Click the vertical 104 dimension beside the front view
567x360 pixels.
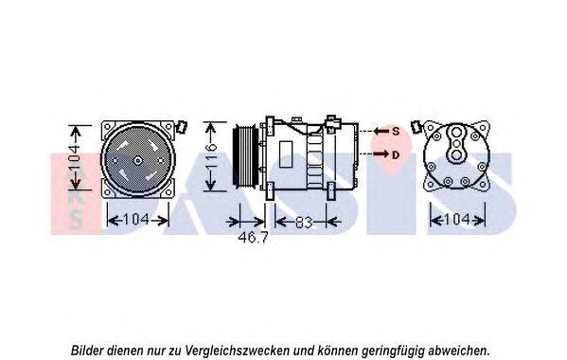[x=75, y=158]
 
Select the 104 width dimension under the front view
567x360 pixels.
[x=136, y=220]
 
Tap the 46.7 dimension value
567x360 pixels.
[x=253, y=238]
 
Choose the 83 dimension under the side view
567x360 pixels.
[x=304, y=222]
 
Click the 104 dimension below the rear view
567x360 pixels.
[x=456, y=219]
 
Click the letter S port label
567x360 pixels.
[x=396, y=132]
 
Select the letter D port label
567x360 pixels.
[x=396, y=154]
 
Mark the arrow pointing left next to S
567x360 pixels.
[x=381, y=131]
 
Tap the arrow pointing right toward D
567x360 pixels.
[x=381, y=154]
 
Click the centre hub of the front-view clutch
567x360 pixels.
[x=137, y=161]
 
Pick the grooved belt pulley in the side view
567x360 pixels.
[x=245, y=156]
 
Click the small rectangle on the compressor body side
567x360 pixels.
[x=286, y=154]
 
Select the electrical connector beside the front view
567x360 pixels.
[x=181, y=127]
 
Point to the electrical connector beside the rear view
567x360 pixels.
[x=416, y=127]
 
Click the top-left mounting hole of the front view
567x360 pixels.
[x=107, y=126]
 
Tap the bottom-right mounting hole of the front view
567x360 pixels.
[x=168, y=192]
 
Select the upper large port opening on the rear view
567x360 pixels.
[x=456, y=132]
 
